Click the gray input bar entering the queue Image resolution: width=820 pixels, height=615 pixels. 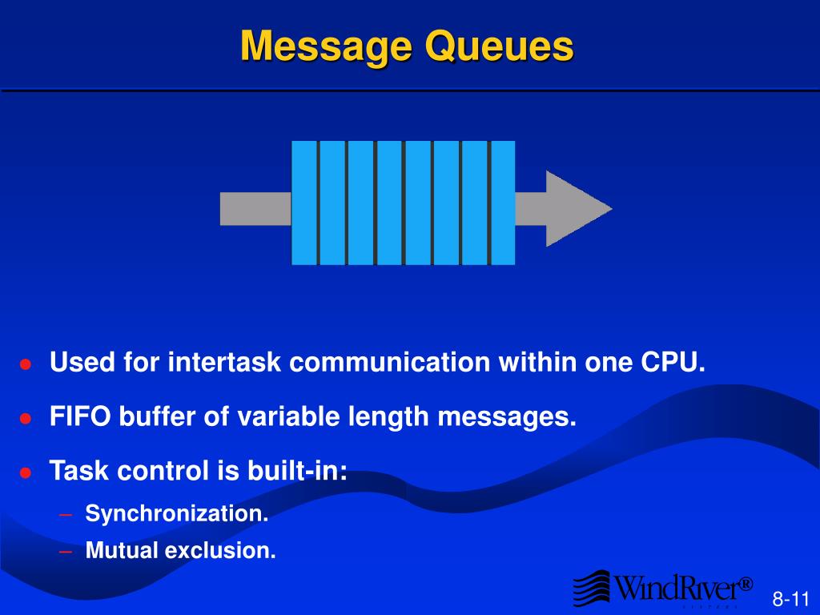[x=255, y=208]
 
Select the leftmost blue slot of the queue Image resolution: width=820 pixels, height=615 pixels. [x=304, y=203]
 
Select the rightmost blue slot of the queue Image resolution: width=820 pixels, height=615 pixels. [x=503, y=203]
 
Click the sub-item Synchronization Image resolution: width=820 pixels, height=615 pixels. [x=177, y=513]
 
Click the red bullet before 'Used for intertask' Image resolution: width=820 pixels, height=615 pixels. [x=26, y=364]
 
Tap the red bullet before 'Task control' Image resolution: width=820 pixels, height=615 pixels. [x=26, y=472]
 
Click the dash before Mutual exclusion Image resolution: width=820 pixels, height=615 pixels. [x=67, y=551]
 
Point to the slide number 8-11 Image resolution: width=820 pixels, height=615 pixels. [x=791, y=599]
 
